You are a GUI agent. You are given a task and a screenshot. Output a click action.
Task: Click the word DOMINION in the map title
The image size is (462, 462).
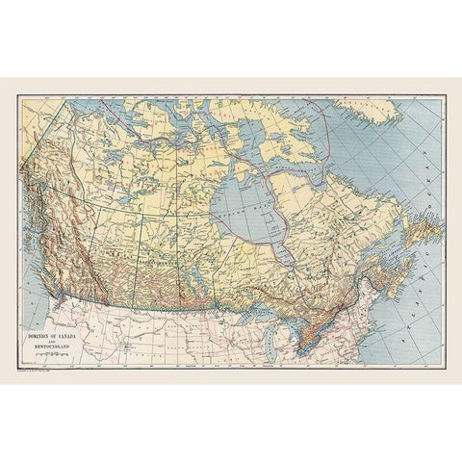pos(39,334)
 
